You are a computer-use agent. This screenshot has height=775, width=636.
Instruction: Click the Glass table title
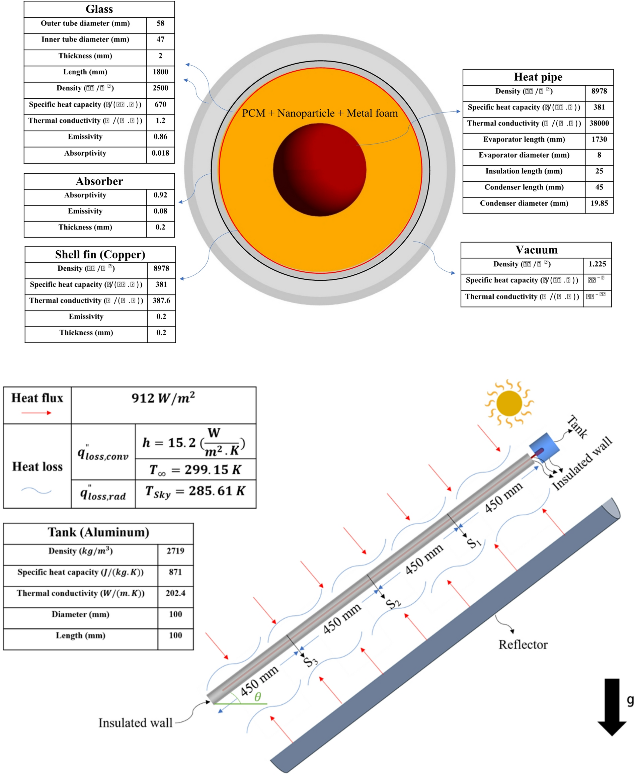point(99,9)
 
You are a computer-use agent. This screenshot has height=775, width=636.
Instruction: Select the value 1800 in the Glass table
point(160,72)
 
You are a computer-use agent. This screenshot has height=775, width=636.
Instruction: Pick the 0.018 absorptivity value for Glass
point(160,153)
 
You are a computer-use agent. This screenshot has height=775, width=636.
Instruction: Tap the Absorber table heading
point(99,181)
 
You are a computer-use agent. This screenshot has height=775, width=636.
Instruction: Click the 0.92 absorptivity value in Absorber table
point(160,195)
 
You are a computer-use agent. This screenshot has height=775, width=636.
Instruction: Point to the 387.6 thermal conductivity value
point(161,301)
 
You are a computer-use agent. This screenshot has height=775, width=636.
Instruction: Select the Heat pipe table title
point(538,77)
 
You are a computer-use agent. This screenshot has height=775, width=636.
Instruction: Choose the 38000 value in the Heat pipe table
point(599,123)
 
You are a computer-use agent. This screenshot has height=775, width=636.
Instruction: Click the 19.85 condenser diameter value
point(599,203)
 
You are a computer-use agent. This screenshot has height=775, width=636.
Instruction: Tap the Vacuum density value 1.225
point(597,264)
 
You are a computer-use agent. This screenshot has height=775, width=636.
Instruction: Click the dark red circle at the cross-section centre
point(319,170)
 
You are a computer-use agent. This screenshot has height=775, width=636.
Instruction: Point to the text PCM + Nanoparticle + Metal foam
point(320,113)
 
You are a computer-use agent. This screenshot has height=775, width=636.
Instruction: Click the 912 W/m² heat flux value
point(163,398)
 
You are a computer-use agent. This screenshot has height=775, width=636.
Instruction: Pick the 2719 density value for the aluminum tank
point(175,551)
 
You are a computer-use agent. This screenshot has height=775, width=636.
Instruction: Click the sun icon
point(509,403)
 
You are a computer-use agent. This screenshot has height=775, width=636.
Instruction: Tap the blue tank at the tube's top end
point(544,447)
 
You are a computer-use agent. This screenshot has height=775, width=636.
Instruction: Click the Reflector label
point(523,645)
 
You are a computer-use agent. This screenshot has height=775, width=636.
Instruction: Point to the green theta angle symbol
point(257,697)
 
